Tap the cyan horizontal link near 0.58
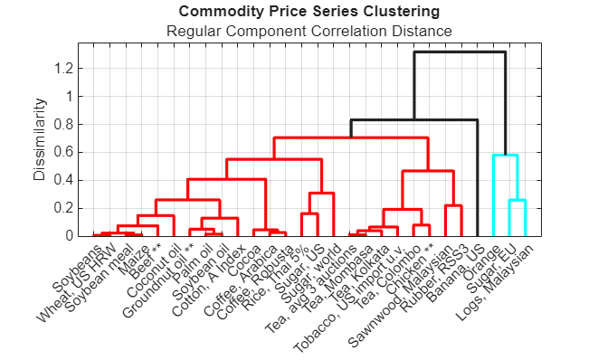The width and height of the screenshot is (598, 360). tap(505, 156)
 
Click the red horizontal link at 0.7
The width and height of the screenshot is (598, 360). tap(350, 137)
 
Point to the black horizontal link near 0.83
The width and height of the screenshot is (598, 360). tap(413, 119)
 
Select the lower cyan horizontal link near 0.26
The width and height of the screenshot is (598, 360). tap(517, 200)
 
